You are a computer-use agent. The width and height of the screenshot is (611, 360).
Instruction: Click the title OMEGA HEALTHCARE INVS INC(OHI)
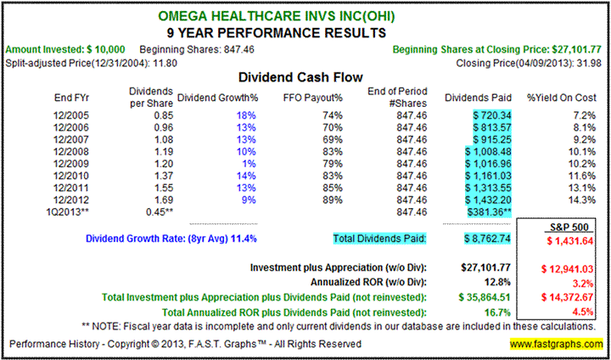[305, 15]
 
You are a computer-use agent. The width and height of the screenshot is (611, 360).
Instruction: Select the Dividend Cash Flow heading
[305, 75]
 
